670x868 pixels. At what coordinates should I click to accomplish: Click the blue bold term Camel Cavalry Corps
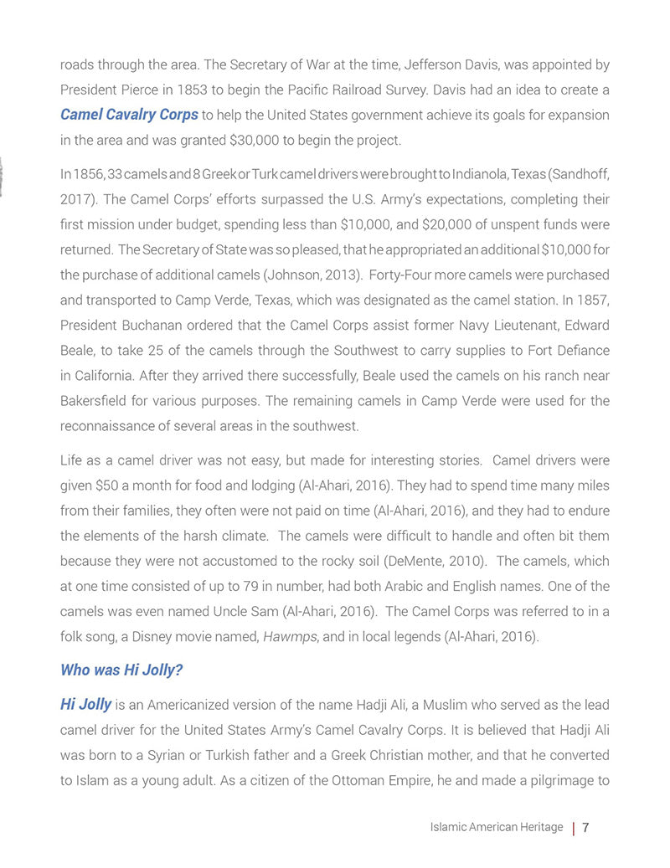[x=129, y=114]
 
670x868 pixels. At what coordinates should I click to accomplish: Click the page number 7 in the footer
[x=586, y=827]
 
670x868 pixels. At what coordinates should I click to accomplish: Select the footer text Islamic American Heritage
[x=496, y=827]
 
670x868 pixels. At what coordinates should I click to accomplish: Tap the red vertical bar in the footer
[x=573, y=828]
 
